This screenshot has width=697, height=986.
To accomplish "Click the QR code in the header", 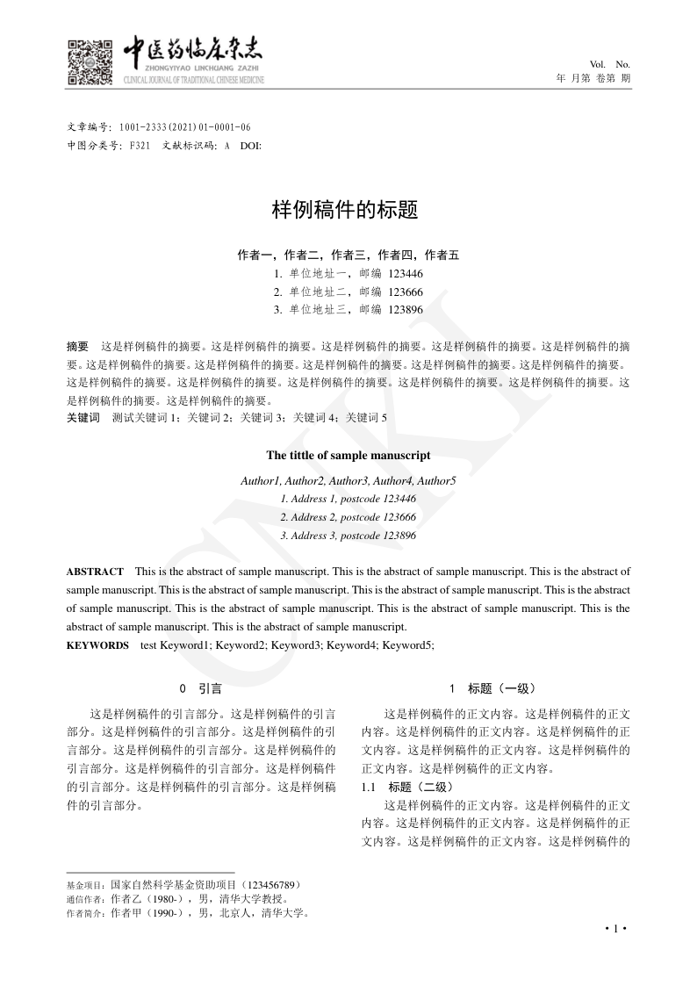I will tap(90, 62).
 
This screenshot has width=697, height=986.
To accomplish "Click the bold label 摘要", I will tap(77, 347).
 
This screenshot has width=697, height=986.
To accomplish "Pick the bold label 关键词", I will tap(83, 417).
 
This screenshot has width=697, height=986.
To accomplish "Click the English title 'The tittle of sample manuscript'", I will tap(348, 456).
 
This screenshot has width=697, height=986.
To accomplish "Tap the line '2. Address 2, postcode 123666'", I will tap(348, 517).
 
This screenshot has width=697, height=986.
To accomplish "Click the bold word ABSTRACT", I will tap(95, 572).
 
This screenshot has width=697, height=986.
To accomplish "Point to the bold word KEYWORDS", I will tap(97, 645).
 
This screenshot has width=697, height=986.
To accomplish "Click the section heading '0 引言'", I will tap(201, 689).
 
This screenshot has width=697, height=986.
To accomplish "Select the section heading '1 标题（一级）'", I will tap(492, 689).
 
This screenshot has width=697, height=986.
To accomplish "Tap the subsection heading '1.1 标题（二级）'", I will tap(407, 787).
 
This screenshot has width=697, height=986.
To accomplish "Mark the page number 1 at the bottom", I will tap(616, 929).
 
